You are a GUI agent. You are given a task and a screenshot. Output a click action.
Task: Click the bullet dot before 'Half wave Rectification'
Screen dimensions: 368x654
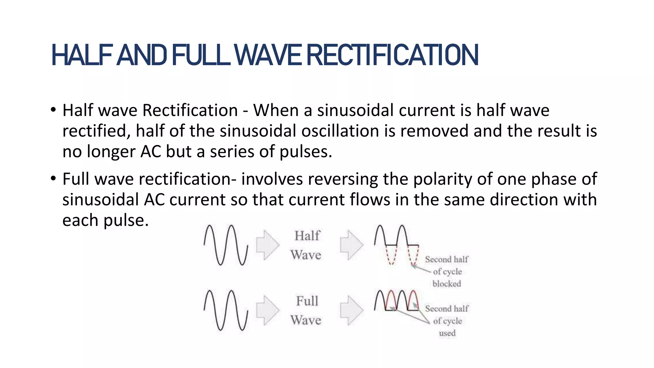53,110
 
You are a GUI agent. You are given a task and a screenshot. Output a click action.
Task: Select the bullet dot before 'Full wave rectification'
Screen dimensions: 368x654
53,179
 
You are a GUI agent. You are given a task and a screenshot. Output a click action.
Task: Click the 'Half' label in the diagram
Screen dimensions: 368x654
307,236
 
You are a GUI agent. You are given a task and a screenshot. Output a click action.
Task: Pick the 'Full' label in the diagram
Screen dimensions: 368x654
307,301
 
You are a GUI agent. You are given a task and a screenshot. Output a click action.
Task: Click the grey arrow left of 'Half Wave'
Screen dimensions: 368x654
268,245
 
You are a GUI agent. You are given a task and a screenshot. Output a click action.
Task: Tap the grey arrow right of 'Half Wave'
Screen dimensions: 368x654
351,245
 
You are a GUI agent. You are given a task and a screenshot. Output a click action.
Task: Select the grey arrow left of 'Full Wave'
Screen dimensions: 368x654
268,310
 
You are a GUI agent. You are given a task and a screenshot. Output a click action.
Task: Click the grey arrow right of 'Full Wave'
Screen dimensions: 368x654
351,310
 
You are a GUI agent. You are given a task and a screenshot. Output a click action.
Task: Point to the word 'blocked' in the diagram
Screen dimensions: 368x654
447,284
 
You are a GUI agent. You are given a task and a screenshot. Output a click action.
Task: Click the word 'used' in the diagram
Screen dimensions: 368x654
447,333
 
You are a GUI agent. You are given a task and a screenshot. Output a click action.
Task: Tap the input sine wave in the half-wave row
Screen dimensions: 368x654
226,245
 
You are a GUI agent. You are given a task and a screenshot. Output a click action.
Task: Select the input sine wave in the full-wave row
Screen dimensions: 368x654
226,310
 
